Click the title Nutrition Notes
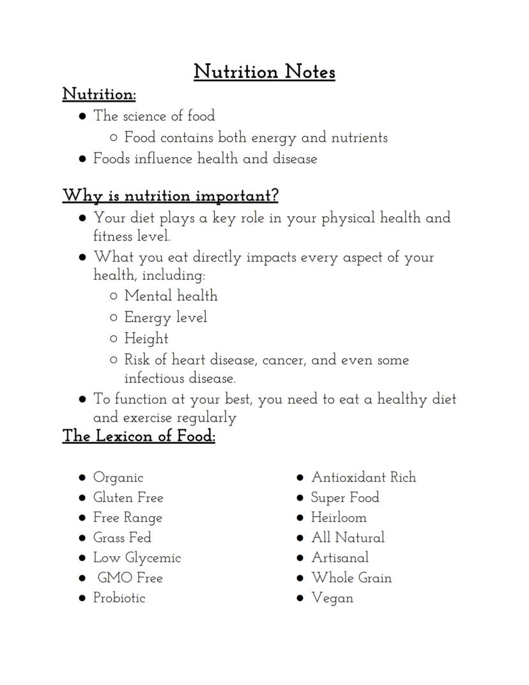click(x=264, y=72)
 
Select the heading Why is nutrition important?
click(x=171, y=195)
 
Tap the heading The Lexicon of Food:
click(x=139, y=436)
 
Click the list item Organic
click(x=118, y=478)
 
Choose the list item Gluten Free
click(x=128, y=498)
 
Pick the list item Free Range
click(x=128, y=517)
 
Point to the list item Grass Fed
click(x=122, y=537)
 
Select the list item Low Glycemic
click(x=137, y=558)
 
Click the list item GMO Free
click(x=130, y=578)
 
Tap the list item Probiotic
click(x=119, y=598)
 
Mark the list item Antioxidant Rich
click(x=364, y=477)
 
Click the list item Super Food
click(x=345, y=498)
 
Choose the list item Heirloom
click(x=339, y=517)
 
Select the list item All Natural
click(x=348, y=537)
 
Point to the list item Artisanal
click(x=340, y=558)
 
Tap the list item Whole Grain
click(x=351, y=578)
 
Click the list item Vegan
click(x=332, y=598)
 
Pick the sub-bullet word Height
click(x=146, y=338)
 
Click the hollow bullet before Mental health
click(x=113, y=296)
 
